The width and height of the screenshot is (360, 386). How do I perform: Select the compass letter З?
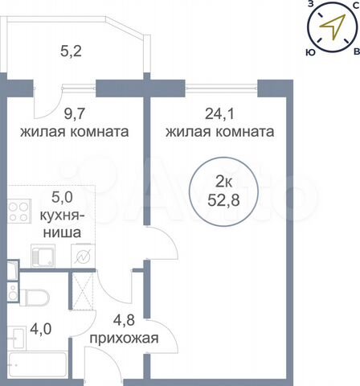[x=310, y=4]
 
